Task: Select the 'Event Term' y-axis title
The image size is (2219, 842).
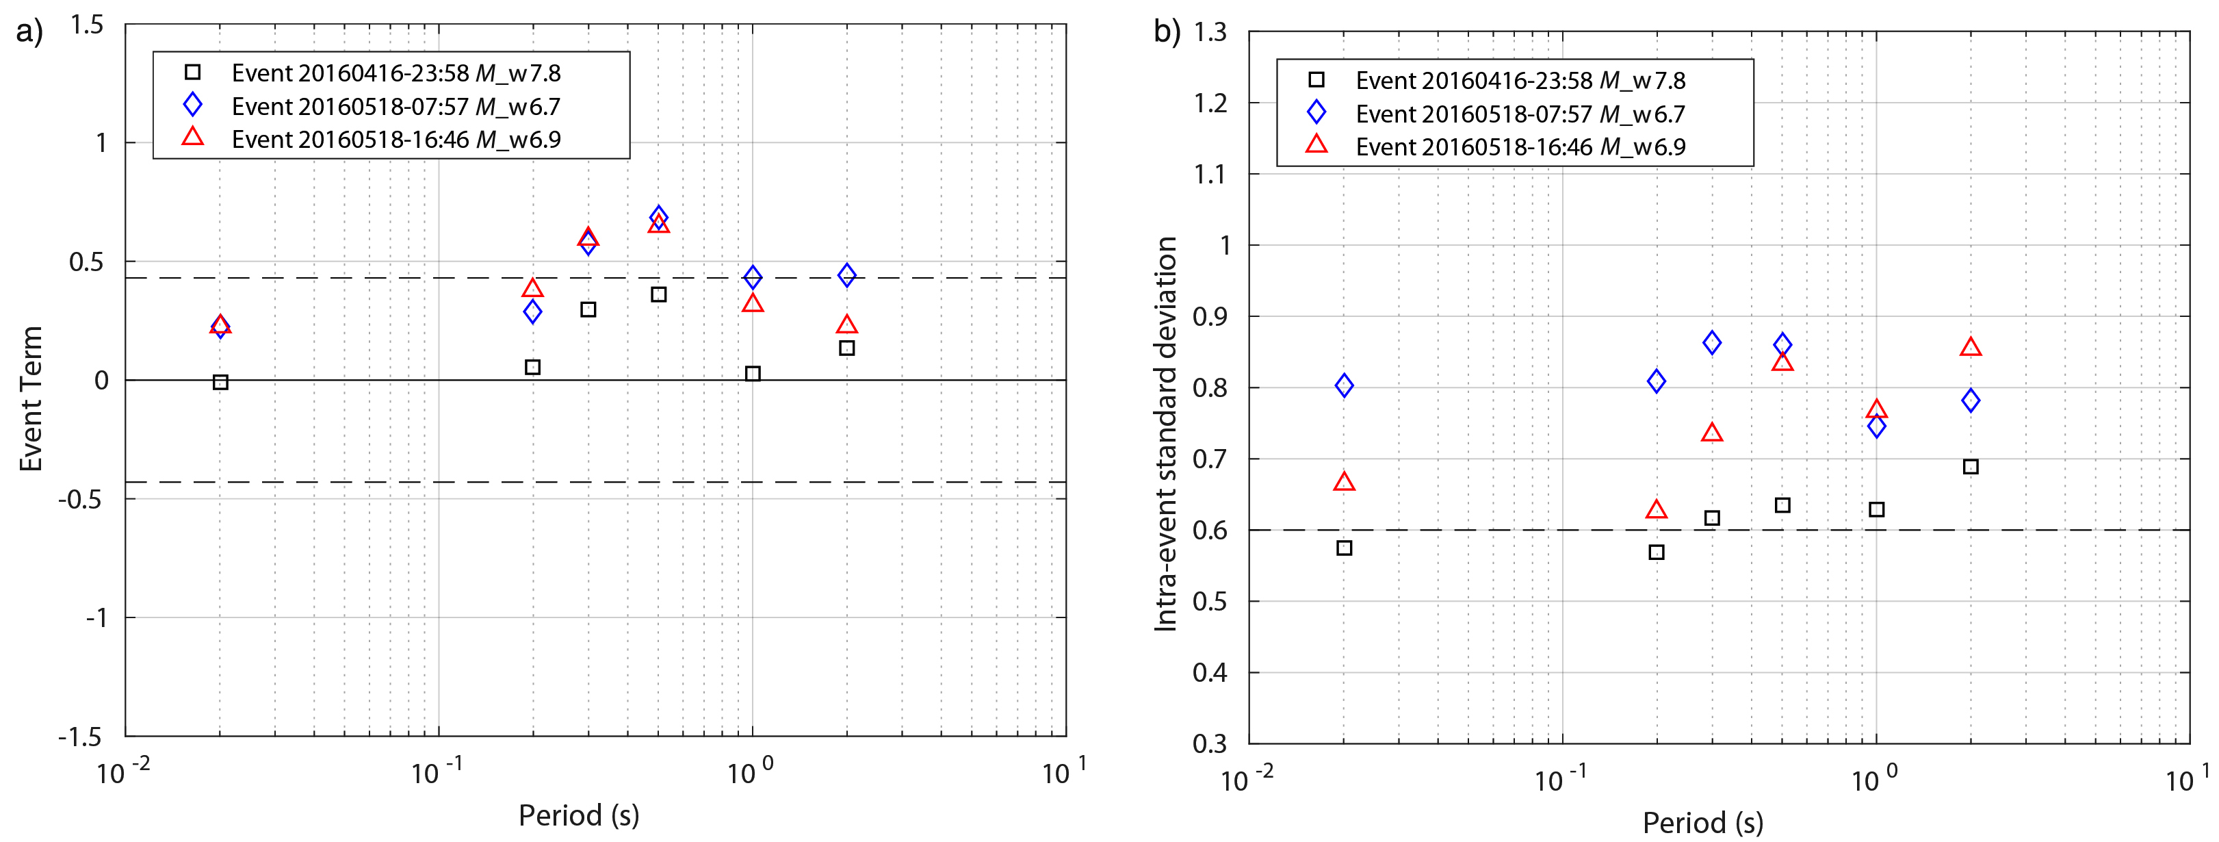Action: (31, 398)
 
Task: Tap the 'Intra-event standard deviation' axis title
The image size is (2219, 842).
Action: (1165, 433)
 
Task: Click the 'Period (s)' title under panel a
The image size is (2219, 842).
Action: (578, 815)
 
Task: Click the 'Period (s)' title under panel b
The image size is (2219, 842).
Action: (1702, 822)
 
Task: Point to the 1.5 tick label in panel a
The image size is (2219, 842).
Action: (86, 25)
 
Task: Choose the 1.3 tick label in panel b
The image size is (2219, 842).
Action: (1210, 33)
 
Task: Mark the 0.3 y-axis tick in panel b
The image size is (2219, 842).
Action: (1210, 743)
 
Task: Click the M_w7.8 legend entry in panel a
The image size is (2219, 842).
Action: (396, 73)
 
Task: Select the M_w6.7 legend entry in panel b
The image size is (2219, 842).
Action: (1520, 114)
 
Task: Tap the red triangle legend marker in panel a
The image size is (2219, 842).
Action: (193, 137)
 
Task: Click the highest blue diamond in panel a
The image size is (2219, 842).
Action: (658, 216)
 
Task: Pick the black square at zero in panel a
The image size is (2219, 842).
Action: (220, 382)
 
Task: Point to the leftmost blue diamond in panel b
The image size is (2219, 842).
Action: (1344, 385)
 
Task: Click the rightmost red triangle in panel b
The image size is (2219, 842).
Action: (1970, 347)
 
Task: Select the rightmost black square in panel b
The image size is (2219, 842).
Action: (1970, 467)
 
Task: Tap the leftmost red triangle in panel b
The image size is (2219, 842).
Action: (1344, 482)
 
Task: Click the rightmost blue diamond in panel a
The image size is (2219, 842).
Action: (847, 275)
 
